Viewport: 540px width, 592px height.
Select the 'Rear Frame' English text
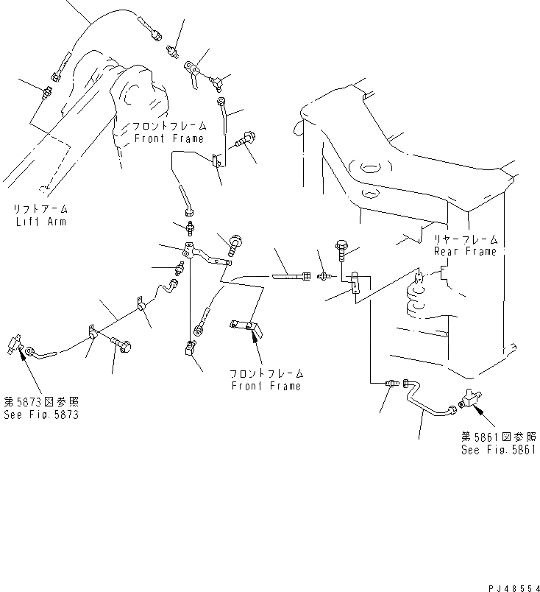coord(466,251)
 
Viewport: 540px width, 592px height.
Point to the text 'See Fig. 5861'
coord(500,448)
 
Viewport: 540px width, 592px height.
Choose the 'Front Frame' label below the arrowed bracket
coord(266,386)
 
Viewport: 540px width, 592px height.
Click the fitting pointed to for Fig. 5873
coord(16,342)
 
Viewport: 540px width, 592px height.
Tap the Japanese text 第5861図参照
coord(500,437)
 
